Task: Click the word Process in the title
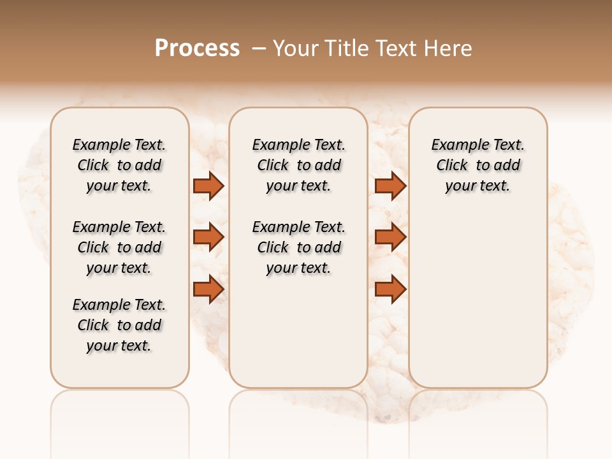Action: [197, 48]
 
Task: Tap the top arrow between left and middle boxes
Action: [208, 186]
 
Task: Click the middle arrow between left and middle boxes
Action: [208, 237]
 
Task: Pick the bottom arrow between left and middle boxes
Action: [208, 289]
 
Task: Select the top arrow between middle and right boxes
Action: [390, 186]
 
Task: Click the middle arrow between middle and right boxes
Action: [390, 237]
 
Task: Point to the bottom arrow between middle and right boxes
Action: [390, 289]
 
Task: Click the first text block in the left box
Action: [119, 165]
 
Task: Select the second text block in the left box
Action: [119, 247]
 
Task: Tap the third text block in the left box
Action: [119, 325]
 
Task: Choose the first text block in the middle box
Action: [298, 165]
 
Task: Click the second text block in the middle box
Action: [298, 247]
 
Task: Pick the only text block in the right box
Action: [477, 165]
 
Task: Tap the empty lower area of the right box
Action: [477, 300]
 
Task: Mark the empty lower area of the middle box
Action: [298, 331]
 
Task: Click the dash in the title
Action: [258, 48]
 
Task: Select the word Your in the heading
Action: [296, 48]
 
